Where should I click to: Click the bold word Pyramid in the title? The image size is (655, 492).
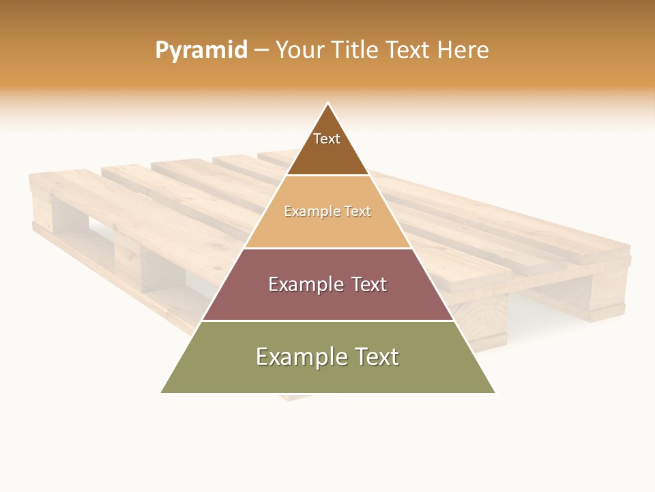201,50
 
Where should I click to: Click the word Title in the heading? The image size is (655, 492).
355,50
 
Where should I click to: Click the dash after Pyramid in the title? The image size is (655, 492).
261,51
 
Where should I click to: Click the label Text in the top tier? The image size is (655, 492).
327,139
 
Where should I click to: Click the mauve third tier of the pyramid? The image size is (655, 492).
327,301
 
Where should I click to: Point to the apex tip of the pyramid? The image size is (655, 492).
328,104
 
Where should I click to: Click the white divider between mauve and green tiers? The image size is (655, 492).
327,320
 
